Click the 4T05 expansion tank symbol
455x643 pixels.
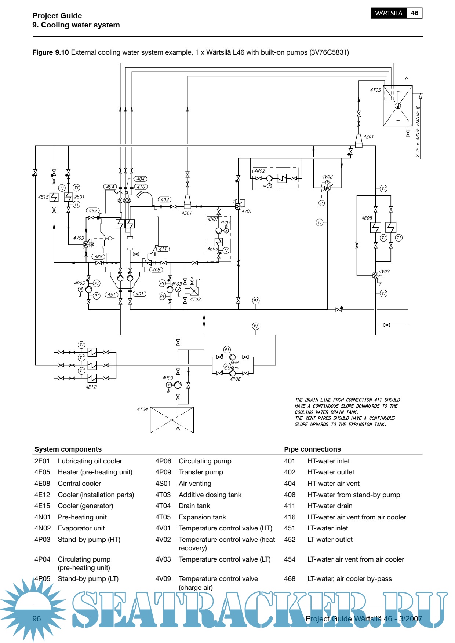398,106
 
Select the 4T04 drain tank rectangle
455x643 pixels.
172,420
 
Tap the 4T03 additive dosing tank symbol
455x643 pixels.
194,291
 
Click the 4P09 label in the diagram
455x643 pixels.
168,378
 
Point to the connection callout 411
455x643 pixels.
163,249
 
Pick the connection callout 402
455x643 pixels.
165,200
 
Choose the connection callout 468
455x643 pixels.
98,257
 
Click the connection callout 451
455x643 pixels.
111,294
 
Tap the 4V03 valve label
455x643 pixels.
384,272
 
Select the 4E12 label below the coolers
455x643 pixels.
91,387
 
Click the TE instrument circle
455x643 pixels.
322,203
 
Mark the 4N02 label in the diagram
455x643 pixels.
259,171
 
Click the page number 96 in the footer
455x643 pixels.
37,619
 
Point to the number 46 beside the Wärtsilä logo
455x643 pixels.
415,13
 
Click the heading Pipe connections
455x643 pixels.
312,449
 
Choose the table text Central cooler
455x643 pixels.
79,484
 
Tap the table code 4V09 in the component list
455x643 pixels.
163,579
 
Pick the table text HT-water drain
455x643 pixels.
330,506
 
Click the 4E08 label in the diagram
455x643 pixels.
367,218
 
